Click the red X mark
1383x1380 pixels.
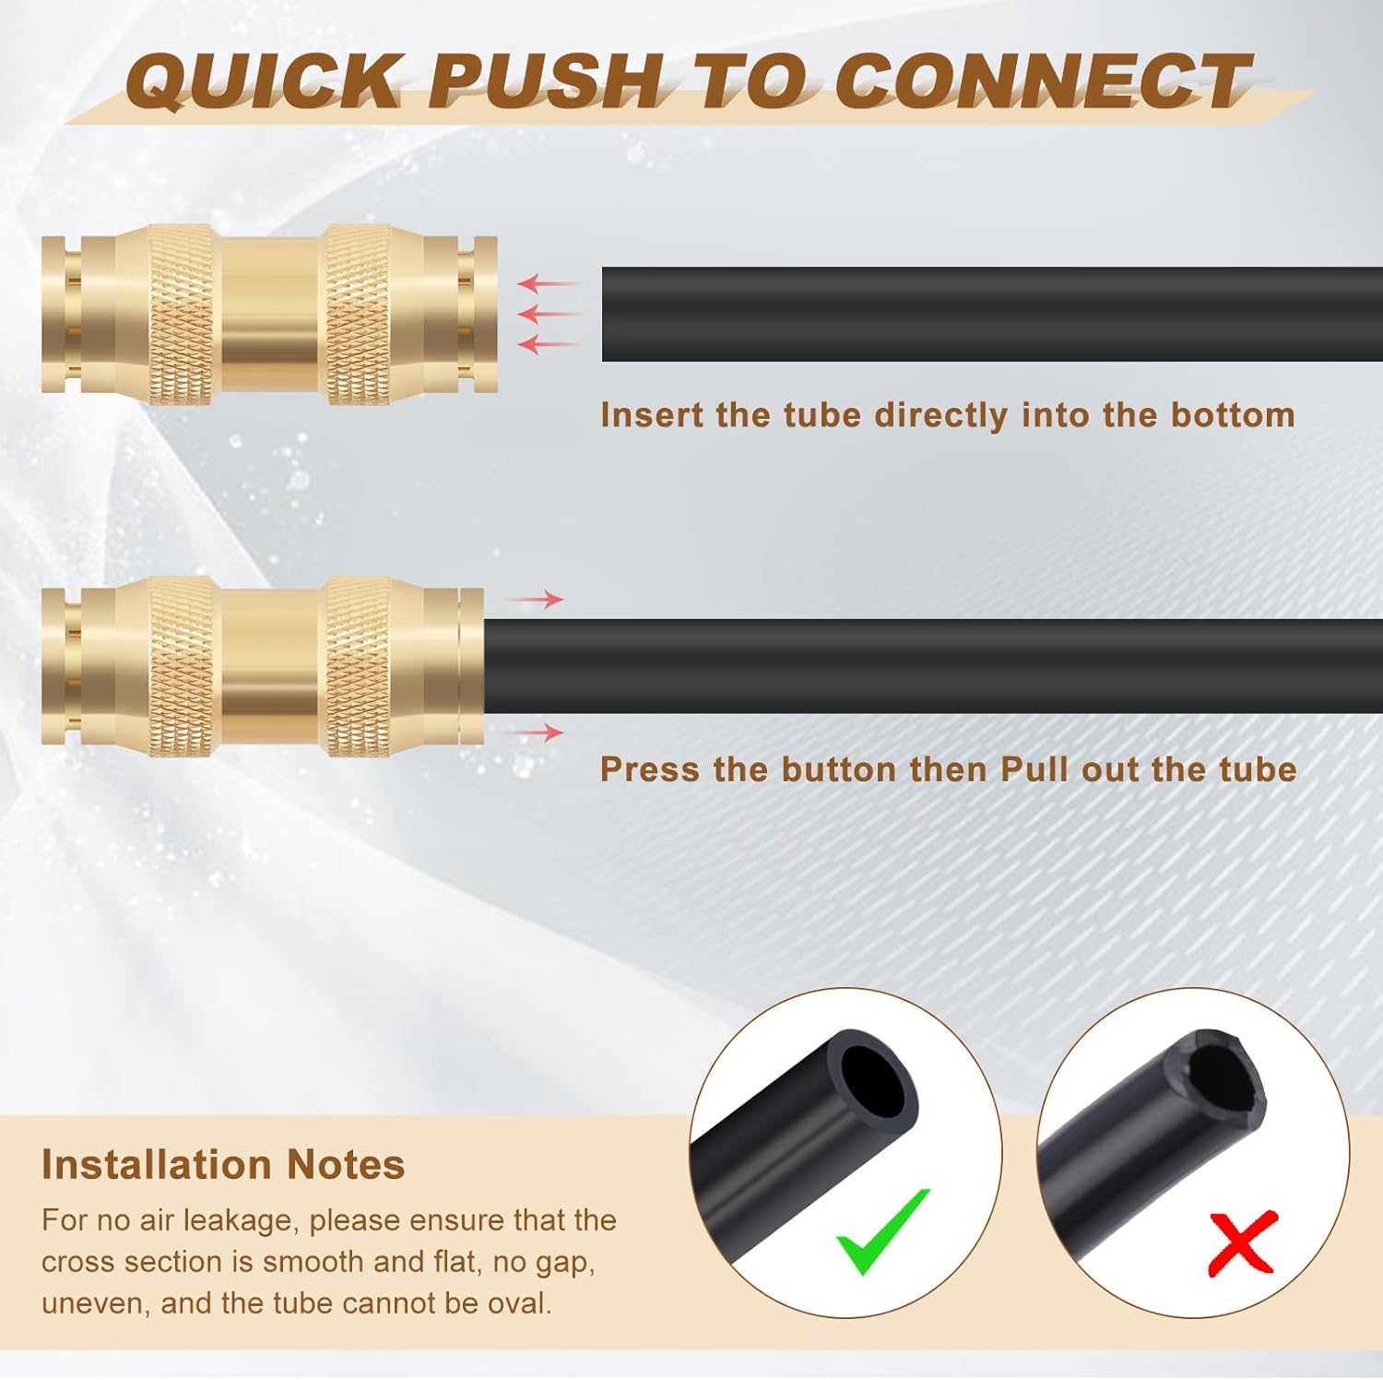click(1242, 1243)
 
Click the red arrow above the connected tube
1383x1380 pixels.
click(536, 600)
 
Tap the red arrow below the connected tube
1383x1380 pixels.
click(536, 732)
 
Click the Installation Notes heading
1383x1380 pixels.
click(223, 1164)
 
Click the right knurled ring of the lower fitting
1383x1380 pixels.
click(359, 666)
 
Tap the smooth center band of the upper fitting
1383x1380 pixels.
click(269, 315)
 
